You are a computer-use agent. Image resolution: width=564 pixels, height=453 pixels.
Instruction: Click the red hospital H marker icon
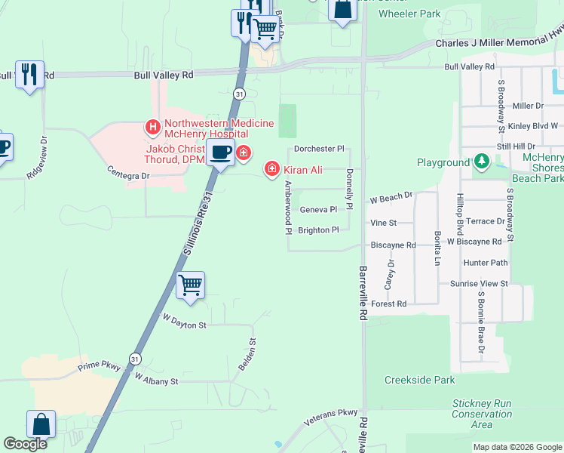153,127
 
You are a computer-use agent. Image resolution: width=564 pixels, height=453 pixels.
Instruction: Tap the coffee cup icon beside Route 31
221,152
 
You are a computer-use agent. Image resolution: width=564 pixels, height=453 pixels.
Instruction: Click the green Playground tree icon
481,162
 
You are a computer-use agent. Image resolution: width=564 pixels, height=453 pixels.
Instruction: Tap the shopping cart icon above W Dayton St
190,285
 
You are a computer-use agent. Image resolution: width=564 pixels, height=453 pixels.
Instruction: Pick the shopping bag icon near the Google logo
41,424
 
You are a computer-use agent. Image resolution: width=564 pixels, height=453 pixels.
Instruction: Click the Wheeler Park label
409,14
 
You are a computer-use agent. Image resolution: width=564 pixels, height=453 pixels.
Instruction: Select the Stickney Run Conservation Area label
483,414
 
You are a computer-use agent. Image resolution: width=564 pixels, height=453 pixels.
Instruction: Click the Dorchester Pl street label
319,149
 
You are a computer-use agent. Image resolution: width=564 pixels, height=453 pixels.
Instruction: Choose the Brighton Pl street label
319,230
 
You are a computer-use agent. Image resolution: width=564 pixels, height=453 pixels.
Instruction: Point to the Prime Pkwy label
100,367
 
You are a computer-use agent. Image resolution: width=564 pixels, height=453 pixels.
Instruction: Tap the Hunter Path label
486,263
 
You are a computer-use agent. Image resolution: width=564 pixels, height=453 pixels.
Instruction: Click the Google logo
25,444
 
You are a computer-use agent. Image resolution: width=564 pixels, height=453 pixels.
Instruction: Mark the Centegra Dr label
129,173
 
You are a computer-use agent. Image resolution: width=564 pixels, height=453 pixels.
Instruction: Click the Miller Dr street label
528,106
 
